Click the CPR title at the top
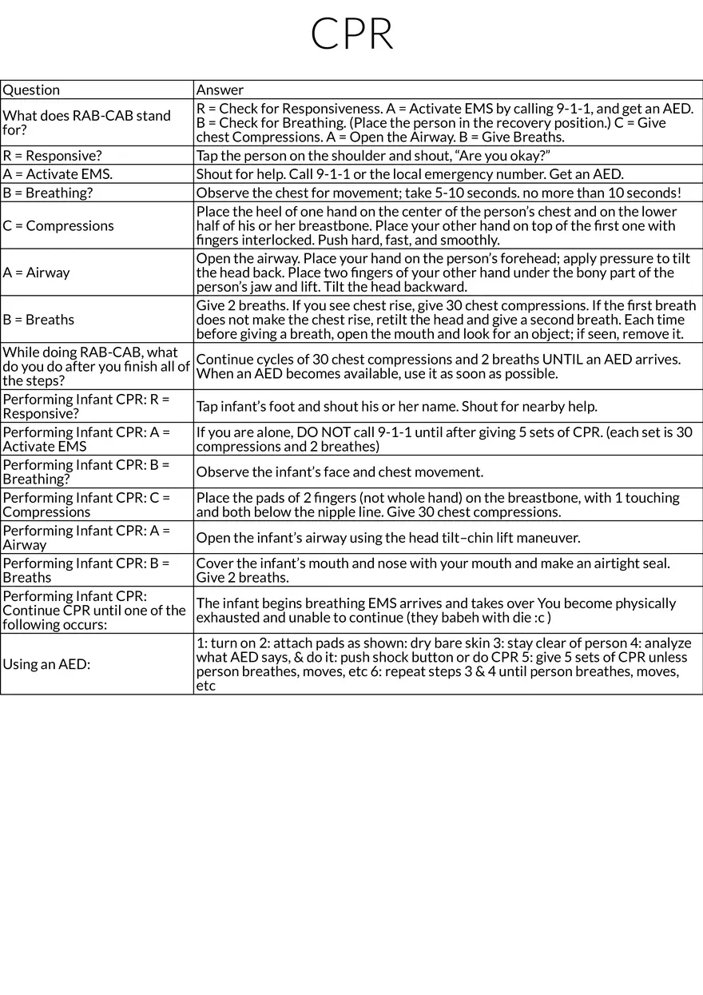coord(351,34)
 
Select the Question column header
coord(32,90)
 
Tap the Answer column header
coord(220,90)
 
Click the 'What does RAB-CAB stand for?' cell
coord(86,123)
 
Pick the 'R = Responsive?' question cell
coord(53,156)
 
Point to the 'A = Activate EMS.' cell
coord(58,174)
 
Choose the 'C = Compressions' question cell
coord(58,225)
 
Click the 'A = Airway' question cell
coord(37,273)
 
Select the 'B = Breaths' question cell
coord(38,320)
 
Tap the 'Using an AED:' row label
coord(45,664)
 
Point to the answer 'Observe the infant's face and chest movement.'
coord(340,472)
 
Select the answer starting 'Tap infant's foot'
coord(396,407)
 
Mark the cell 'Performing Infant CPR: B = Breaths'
coord(86,570)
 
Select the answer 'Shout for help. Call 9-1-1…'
coord(410,174)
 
